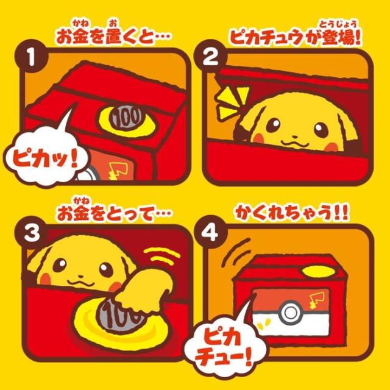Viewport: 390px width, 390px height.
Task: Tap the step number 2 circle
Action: pyautogui.click(x=208, y=58)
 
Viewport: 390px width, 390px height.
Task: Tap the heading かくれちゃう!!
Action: pyautogui.click(x=295, y=210)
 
